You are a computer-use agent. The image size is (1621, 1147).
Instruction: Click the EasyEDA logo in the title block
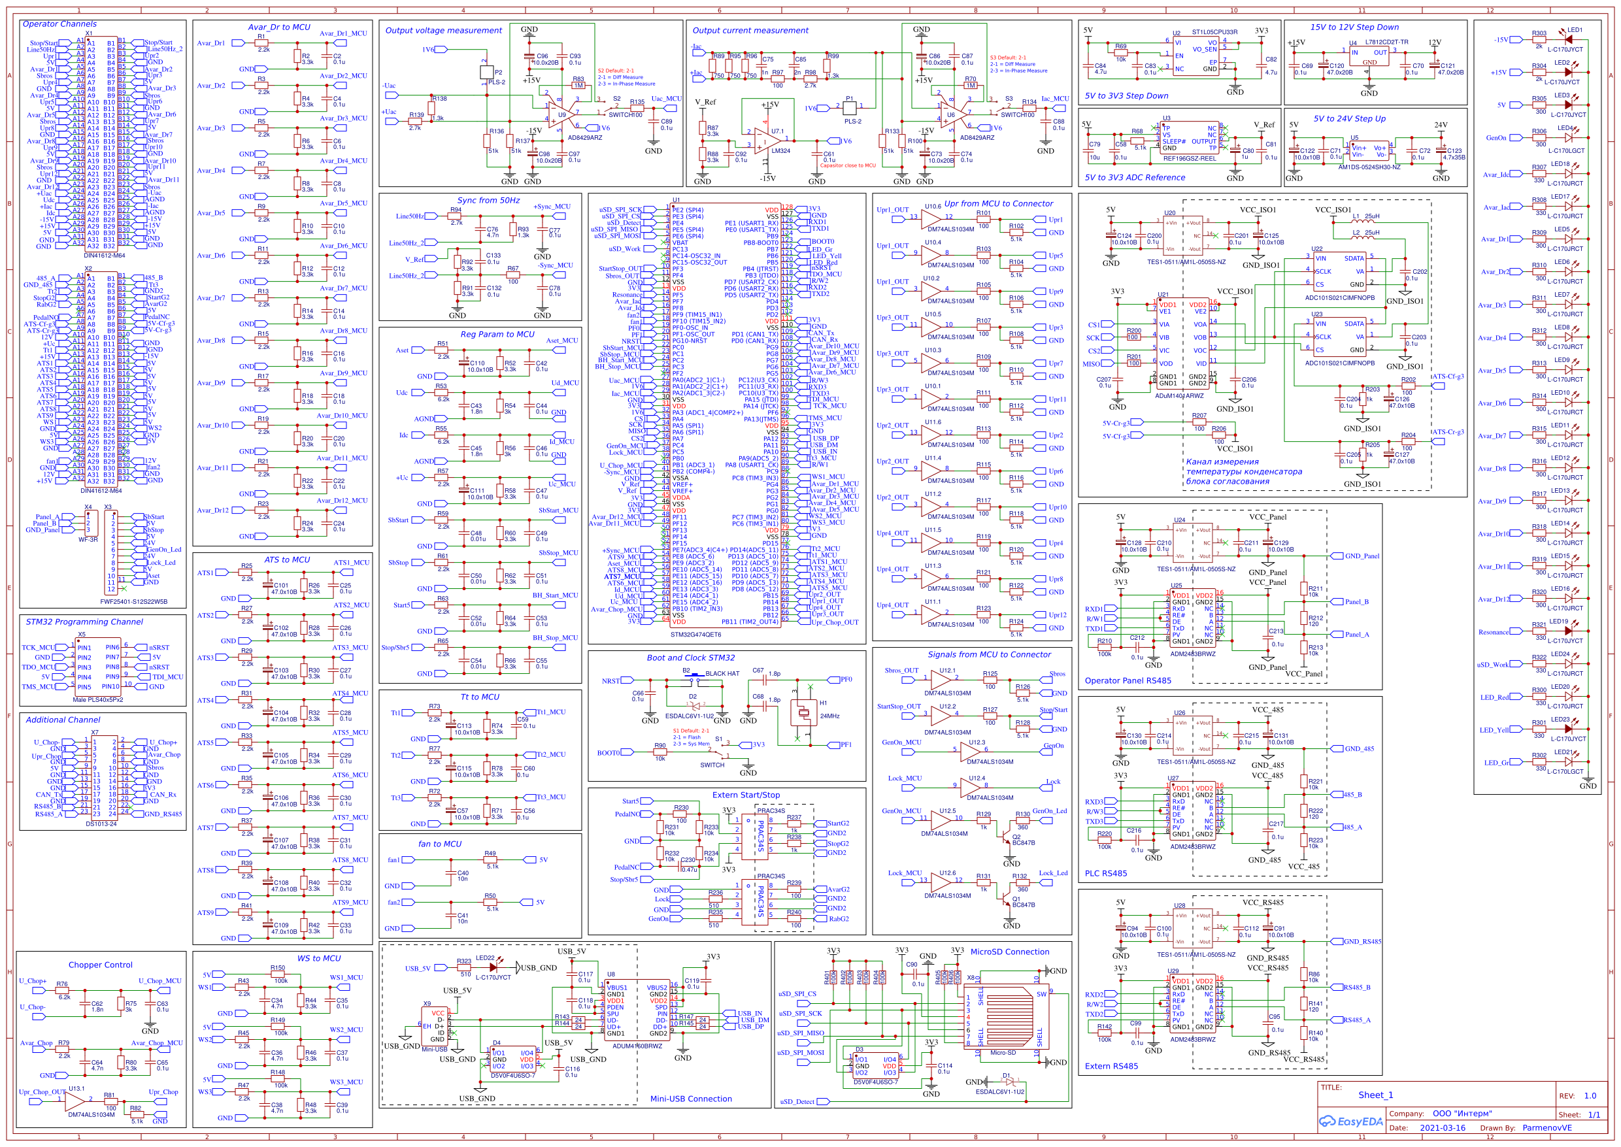[x=1350, y=1121]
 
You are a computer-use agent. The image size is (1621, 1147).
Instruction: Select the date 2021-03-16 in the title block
[x=1443, y=1128]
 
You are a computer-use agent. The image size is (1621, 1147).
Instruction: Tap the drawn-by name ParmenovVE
[x=1547, y=1128]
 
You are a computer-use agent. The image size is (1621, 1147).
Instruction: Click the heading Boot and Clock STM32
[x=690, y=657]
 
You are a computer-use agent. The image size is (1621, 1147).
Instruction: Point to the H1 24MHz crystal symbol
[x=804, y=713]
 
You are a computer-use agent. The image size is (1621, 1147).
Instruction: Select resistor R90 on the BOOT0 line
[x=659, y=752]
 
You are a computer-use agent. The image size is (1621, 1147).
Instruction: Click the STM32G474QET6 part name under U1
[x=695, y=634]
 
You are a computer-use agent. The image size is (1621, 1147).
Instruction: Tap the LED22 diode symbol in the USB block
[x=493, y=967]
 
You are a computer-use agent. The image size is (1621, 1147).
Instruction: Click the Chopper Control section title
[x=100, y=964]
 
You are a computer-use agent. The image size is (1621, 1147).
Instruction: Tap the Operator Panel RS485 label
[x=1128, y=680]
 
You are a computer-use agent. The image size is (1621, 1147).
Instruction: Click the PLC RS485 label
[x=1105, y=873]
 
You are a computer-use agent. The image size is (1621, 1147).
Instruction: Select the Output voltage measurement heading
[x=443, y=30]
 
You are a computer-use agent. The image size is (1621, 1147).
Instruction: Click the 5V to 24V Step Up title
[x=1349, y=119]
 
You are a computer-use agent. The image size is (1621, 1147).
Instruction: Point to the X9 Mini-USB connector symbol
[x=436, y=1025]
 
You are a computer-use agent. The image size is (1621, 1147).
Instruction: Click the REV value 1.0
[x=1589, y=1095]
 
